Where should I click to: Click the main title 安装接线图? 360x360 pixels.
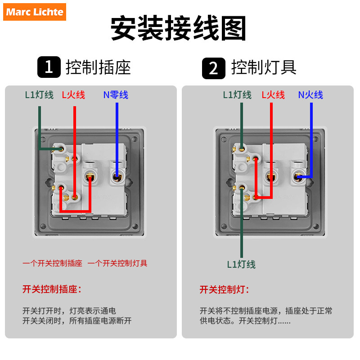tap(179, 30)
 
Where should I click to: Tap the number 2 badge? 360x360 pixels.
tap(213, 68)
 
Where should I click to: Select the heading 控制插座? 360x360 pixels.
tap(98, 67)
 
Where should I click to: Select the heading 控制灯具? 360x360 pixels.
tap(264, 67)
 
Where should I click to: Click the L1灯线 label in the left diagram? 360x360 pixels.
tap(39, 95)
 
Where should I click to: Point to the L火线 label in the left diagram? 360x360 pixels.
tap(73, 95)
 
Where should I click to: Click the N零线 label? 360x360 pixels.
tap(116, 95)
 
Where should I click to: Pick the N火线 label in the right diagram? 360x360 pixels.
tap(310, 95)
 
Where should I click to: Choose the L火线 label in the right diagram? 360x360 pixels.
tap(273, 95)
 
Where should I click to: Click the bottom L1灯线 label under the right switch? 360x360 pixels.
tap(241, 265)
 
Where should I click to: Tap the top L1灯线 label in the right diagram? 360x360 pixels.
tap(237, 95)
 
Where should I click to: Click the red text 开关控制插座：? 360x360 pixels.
tap(52, 289)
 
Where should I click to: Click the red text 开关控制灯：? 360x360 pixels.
tap(224, 289)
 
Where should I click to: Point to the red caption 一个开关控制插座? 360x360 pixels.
tap(53, 263)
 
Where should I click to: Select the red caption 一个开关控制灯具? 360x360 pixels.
tap(117, 263)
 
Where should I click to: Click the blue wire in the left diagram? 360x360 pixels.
tap(117, 135)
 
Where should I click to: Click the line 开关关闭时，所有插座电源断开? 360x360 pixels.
tap(77, 321)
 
